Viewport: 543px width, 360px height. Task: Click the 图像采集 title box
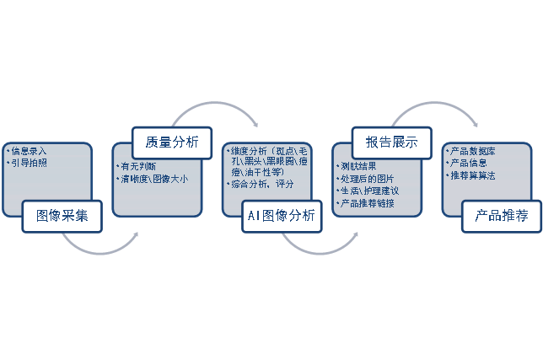click(x=62, y=216)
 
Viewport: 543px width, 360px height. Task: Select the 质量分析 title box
click(x=172, y=142)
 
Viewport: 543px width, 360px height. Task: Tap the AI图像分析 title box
click(x=282, y=216)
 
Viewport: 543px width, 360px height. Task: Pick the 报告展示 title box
click(x=391, y=142)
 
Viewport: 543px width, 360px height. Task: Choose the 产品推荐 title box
click(x=501, y=216)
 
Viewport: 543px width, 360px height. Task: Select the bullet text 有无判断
click(x=138, y=166)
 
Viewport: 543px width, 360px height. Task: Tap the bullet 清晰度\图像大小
click(x=155, y=178)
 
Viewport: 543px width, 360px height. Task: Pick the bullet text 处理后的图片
click(x=367, y=179)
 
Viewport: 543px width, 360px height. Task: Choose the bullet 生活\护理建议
click(x=369, y=191)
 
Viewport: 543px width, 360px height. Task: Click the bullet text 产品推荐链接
click(x=368, y=204)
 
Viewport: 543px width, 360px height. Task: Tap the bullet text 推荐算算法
click(x=473, y=175)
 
